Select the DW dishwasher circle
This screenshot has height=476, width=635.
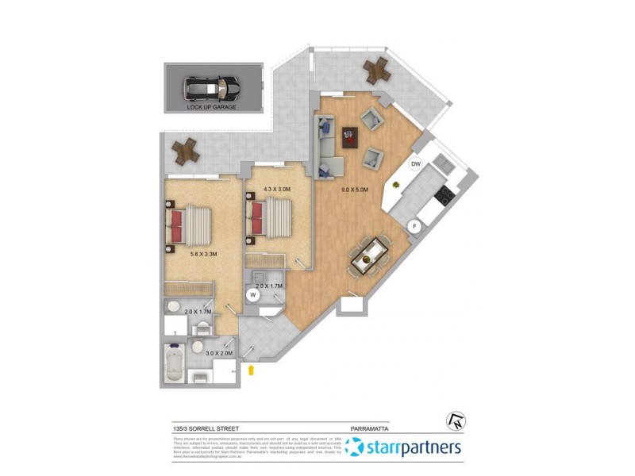415,164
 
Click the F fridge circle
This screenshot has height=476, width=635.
413,226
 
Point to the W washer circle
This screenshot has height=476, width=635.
252,294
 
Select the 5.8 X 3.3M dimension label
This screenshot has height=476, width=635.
204,255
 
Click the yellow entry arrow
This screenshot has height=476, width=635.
252,369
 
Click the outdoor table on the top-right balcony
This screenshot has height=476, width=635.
375,71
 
